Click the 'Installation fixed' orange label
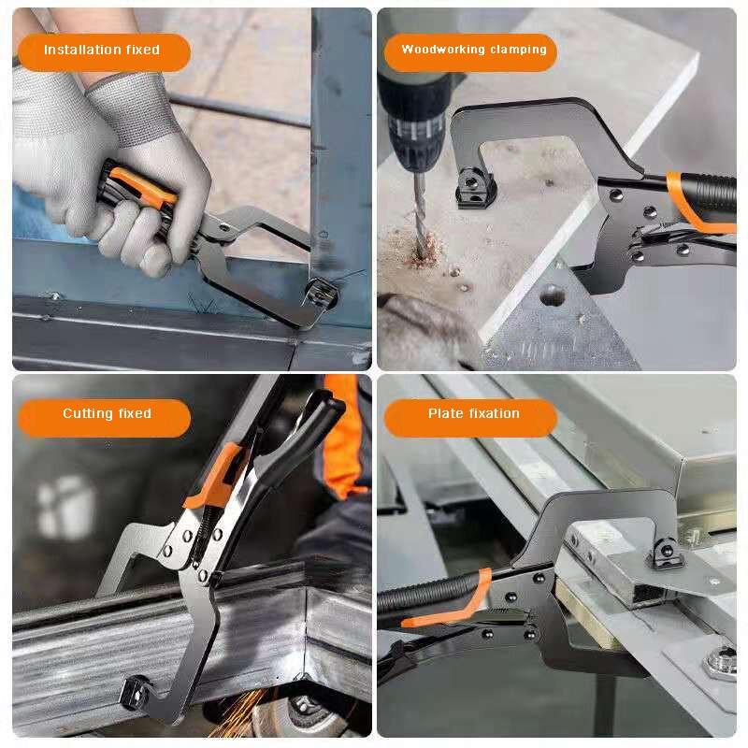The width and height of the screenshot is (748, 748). (x=103, y=51)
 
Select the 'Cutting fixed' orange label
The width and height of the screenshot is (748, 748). (x=105, y=415)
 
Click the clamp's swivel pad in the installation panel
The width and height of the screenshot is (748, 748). (x=320, y=295)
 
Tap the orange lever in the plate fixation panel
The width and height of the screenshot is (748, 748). (x=449, y=608)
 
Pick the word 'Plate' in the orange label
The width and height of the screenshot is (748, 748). (x=447, y=415)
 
